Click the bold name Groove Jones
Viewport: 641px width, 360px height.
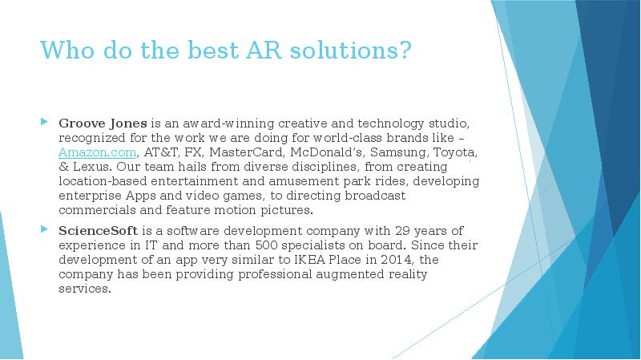click(x=103, y=123)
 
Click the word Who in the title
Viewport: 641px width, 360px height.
click(x=62, y=51)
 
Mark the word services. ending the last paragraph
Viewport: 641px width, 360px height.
click(x=84, y=289)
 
